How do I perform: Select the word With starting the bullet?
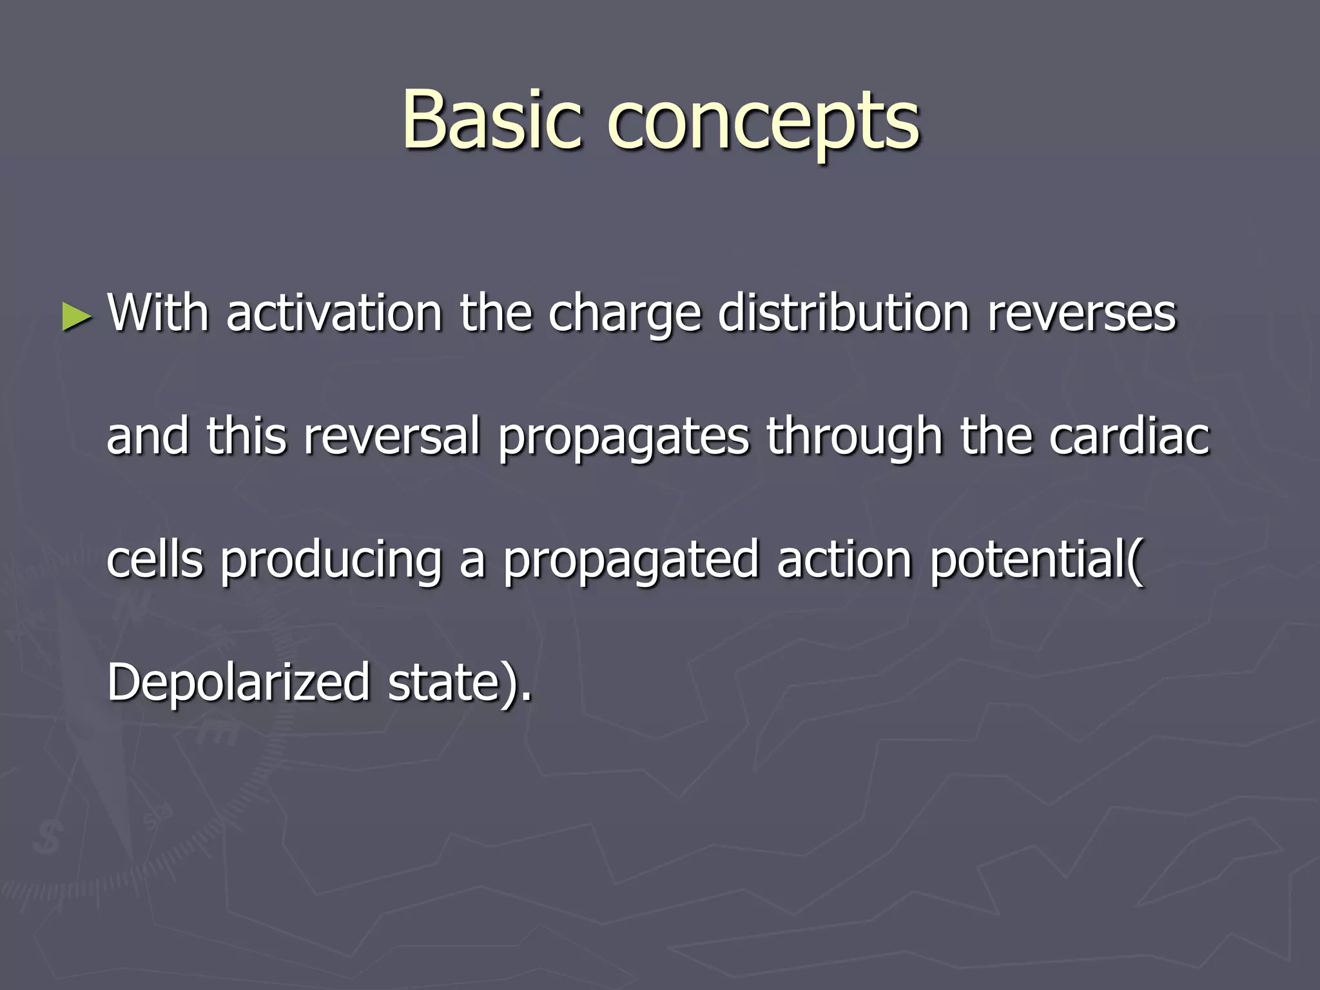(x=158, y=313)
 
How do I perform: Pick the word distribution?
(x=844, y=313)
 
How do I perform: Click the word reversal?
(x=392, y=436)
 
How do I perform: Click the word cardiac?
(x=1129, y=436)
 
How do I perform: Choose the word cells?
(x=155, y=559)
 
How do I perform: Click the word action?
(x=844, y=559)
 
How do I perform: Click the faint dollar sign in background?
(x=46, y=838)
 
